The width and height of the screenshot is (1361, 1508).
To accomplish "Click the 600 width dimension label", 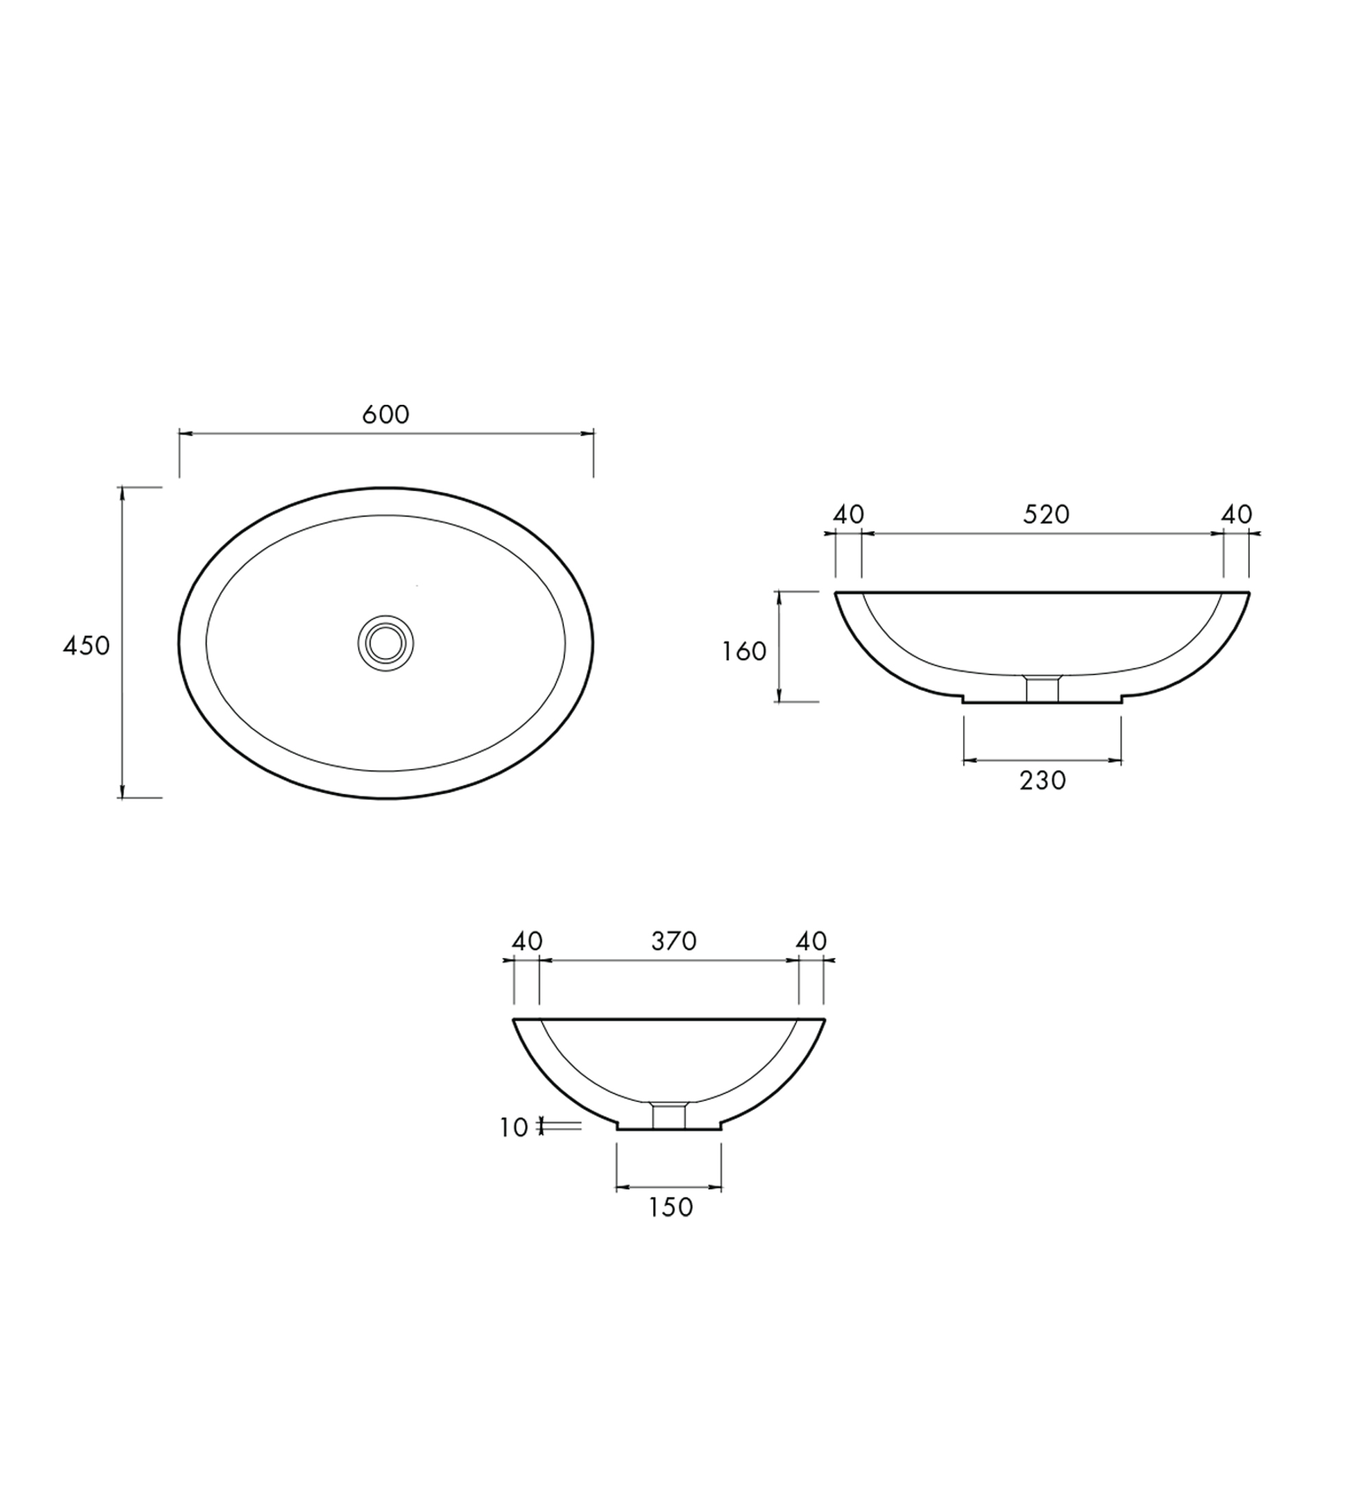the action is (386, 414).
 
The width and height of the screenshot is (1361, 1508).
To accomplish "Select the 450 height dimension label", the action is (86, 646).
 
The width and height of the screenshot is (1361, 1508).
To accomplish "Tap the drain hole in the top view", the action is (386, 643).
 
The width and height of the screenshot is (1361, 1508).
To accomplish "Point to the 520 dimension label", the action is (1046, 514).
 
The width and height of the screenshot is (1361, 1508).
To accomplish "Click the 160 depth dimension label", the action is (744, 652).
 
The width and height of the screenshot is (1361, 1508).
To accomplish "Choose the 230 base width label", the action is (1043, 781).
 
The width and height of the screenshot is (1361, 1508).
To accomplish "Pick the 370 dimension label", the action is (674, 941).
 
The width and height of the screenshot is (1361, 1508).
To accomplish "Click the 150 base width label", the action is (671, 1228).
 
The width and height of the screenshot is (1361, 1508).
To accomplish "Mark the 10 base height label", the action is (514, 1128).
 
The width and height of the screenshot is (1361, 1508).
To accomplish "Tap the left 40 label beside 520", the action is (849, 515).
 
